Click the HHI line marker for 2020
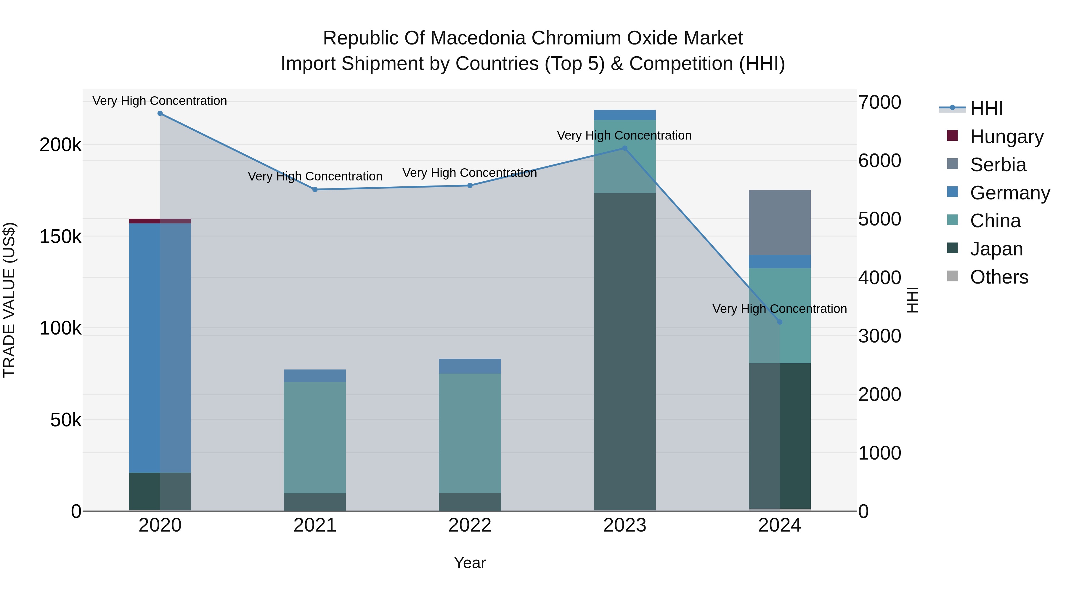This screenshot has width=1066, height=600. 160,113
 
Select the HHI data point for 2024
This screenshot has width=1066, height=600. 780,322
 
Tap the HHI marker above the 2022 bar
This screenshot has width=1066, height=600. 470,185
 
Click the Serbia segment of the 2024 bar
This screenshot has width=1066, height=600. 780,222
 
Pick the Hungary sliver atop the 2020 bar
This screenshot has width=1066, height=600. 160,221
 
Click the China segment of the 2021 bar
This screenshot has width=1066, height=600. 315,437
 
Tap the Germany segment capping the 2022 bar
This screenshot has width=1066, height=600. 470,366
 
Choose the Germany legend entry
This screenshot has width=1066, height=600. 1010,193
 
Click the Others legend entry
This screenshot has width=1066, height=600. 999,277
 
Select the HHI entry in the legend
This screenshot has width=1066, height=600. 987,108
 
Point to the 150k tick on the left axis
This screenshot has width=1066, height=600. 60,237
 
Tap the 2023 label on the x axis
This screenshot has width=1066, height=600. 624,525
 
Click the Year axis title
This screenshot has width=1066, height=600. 470,563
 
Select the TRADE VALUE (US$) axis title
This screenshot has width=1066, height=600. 9,300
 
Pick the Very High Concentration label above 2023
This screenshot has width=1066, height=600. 624,135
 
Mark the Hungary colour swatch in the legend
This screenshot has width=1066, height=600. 952,136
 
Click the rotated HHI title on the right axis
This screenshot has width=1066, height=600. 912,300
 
